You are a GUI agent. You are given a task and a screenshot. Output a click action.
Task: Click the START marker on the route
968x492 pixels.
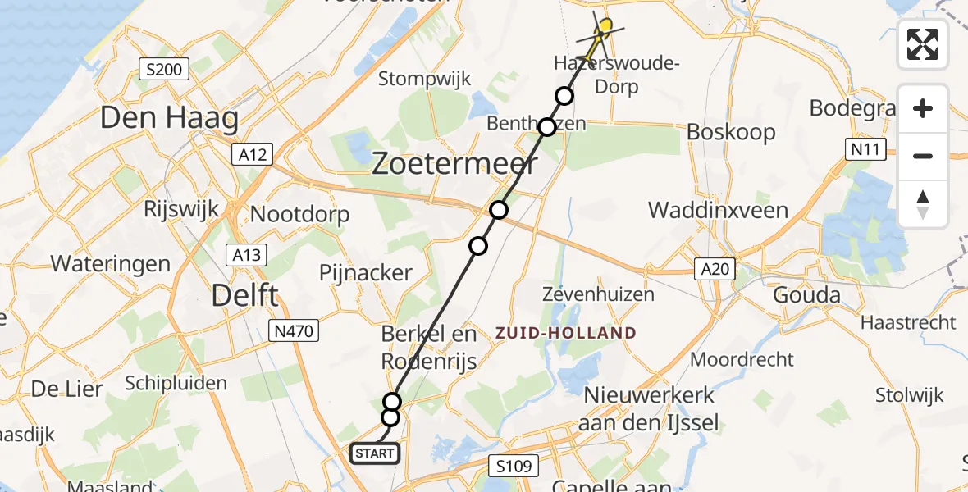click(x=375, y=453)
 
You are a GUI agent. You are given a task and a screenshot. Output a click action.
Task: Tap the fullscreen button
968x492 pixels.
click(x=923, y=44)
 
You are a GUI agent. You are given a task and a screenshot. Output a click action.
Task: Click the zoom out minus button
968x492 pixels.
click(x=923, y=156)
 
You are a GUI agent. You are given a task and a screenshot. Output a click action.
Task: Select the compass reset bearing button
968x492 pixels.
click(x=923, y=203)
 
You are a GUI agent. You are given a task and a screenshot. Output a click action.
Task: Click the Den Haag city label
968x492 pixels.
click(x=169, y=118)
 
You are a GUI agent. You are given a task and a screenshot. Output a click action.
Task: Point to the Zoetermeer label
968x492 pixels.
click(x=455, y=163)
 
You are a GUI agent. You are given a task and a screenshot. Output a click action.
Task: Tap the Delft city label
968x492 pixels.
click(x=244, y=294)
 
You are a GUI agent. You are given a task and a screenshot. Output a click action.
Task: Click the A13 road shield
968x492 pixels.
click(x=246, y=255)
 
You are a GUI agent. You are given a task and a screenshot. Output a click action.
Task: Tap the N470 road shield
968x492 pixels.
click(x=294, y=331)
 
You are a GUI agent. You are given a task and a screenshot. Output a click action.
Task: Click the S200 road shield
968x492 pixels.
click(x=164, y=70)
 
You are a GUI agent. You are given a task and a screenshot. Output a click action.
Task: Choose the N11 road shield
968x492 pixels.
click(x=866, y=149)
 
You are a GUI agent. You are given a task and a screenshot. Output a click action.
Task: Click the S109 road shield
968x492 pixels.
click(x=514, y=467)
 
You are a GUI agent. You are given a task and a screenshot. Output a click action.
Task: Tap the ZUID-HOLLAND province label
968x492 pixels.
click(x=565, y=333)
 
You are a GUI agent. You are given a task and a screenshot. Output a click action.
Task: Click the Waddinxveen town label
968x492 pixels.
click(x=718, y=211)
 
